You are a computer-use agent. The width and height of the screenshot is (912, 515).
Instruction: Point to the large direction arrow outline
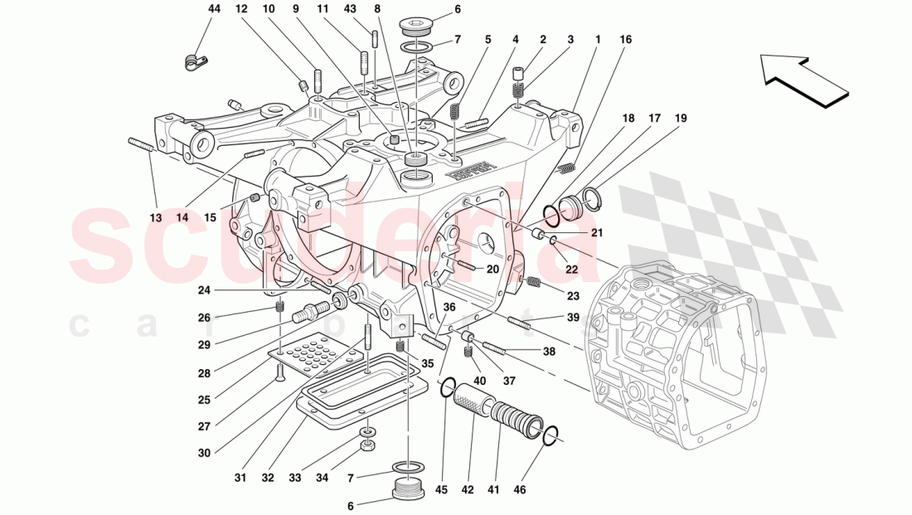tap(802, 80)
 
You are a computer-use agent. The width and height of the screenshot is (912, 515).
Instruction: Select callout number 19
tap(681, 119)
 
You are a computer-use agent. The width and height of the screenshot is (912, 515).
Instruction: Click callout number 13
tap(156, 218)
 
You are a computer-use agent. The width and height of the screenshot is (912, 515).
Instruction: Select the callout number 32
tap(267, 478)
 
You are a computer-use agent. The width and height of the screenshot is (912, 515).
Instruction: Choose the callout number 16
tap(624, 39)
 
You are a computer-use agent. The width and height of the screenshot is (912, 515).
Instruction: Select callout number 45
tap(441, 489)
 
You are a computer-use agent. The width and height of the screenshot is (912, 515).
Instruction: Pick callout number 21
tap(597, 234)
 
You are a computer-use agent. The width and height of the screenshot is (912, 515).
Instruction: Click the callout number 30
tap(204, 453)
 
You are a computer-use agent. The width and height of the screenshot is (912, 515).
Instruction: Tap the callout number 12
tap(241, 9)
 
